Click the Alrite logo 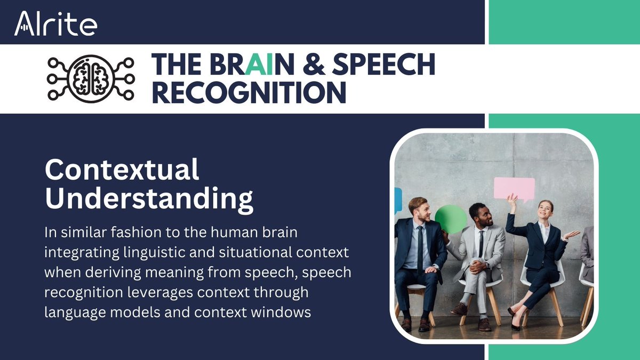pyautogui.click(x=55, y=23)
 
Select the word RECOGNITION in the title pyautogui.click(x=249, y=92)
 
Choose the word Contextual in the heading pyautogui.click(x=122, y=170)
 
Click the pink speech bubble pyautogui.click(x=514, y=188)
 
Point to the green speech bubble pyautogui.click(x=451, y=219)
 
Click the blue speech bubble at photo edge pyautogui.click(x=398, y=201)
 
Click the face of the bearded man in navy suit pyautogui.click(x=419, y=210)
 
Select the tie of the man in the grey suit pyautogui.click(x=481, y=243)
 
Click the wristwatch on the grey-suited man pyautogui.click(x=486, y=265)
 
